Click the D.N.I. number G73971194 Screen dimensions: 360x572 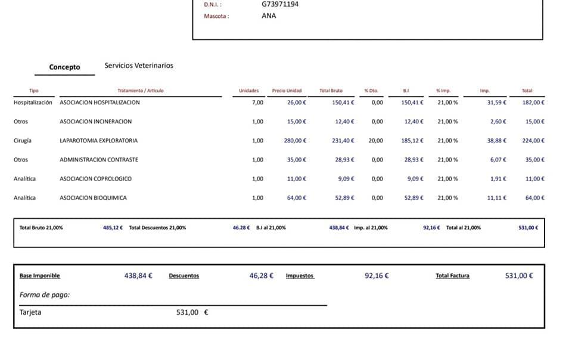coord(280,4)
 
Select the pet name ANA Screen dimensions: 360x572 coord(269,16)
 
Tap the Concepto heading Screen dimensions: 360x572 coord(64,67)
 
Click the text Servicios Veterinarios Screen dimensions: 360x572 coord(139,66)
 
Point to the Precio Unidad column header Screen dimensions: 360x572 coord(287,91)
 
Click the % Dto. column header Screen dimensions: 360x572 coord(371,91)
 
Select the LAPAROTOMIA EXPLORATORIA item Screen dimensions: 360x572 coord(98,141)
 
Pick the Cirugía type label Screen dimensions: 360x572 coord(23,141)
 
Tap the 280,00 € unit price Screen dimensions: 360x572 coord(295,141)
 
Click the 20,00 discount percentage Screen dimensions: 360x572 coord(376,141)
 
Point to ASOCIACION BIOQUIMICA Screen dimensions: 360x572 coord(93,198)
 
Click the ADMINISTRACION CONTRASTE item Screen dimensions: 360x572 coord(99,160)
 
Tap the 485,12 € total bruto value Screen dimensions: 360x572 coord(113,228)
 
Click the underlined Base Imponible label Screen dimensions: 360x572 coord(40,276)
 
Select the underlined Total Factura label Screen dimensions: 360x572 coord(452,276)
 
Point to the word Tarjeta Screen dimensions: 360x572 coord(30,312)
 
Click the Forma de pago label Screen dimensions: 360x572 coord(45,294)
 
